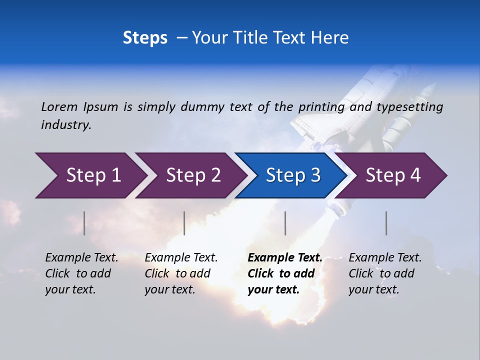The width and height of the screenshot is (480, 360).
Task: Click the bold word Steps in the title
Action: coord(145,38)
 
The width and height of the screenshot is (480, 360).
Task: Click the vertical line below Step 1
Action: coord(84,223)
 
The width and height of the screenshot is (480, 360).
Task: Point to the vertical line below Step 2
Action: coord(184,223)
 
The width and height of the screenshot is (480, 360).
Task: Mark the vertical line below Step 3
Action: coord(285,223)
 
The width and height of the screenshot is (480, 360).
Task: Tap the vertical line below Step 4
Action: coord(386,223)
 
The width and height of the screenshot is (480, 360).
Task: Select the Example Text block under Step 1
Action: coord(81,273)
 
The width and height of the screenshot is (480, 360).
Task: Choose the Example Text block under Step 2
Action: coord(181,273)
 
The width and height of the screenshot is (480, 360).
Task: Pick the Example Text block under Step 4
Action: coord(385,273)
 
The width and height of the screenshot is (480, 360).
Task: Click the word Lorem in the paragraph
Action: coord(59,106)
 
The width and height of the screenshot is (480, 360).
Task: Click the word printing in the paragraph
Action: coord(321,107)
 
